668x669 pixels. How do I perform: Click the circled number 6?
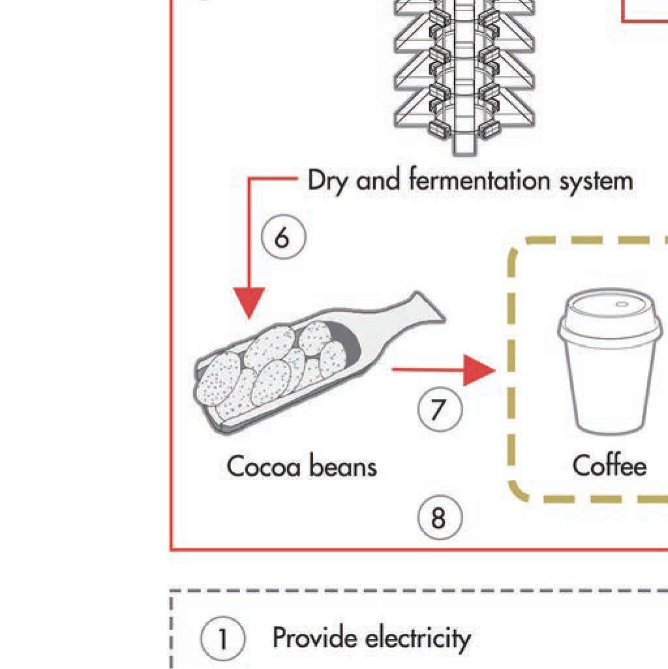[x=283, y=238]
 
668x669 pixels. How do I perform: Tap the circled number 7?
[x=440, y=409]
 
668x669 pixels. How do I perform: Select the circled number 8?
[x=440, y=518]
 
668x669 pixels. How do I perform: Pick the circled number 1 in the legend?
[x=222, y=640]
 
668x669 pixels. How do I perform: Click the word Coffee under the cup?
[x=609, y=466]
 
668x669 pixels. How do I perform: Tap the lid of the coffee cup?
[x=609, y=320]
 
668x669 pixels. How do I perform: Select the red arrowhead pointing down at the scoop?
[x=249, y=305]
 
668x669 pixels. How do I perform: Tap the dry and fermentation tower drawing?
[x=464, y=72]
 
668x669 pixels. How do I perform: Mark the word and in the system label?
[x=380, y=180]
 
